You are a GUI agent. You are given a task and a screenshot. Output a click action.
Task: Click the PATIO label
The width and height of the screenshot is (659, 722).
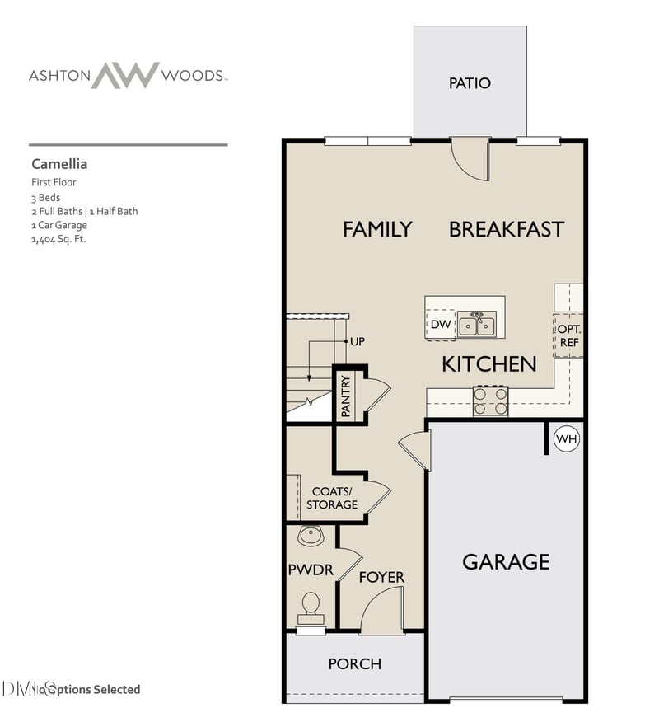pyautogui.click(x=470, y=83)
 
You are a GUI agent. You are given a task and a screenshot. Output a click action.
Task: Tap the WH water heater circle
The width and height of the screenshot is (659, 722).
pyautogui.click(x=566, y=439)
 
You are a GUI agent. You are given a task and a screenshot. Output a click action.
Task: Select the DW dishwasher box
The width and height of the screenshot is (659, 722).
pyautogui.click(x=441, y=324)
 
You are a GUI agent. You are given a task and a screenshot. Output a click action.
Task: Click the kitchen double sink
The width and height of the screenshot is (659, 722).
pyautogui.click(x=478, y=324)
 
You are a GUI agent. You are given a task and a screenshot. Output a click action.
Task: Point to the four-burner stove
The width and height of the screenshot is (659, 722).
pyautogui.click(x=490, y=401)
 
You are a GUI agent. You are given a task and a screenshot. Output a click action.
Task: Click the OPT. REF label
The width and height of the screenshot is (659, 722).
pyautogui.click(x=569, y=335)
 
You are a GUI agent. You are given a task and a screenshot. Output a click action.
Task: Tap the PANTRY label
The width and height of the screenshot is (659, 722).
pyautogui.click(x=346, y=396)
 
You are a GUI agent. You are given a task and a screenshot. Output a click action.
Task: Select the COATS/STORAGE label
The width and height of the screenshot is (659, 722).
pyautogui.click(x=334, y=498)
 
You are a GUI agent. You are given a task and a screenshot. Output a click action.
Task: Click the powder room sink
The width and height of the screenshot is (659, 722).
pyautogui.click(x=311, y=537)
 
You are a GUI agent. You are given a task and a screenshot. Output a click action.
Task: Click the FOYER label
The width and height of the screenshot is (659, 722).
pyautogui.click(x=381, y=577)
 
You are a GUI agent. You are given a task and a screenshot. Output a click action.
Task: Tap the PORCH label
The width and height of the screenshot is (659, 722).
pyautogui.click(x=354, y=663)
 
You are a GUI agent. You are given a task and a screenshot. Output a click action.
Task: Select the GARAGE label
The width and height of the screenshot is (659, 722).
pyautogui.click(x=506, y=562)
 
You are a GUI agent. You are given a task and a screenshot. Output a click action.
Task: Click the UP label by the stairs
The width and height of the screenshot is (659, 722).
pyautogui.click(x=358, y=341)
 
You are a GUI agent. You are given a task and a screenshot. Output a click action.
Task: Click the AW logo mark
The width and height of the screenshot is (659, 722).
pyautogui.click(x=124, y=75)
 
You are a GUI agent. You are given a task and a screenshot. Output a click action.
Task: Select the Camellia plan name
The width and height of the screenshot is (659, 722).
pyautogui.click(x=59, y=164)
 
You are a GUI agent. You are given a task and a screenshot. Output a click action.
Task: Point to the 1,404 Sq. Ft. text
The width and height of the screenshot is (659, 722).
pyautogui.click(x=58, y=239)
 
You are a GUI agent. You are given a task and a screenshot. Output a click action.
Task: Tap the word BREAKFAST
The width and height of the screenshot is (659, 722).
pyautogui.click(x=506, y=229)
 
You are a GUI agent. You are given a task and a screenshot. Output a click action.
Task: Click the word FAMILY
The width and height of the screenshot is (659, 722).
pyautogui.click(x=377, y=229)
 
